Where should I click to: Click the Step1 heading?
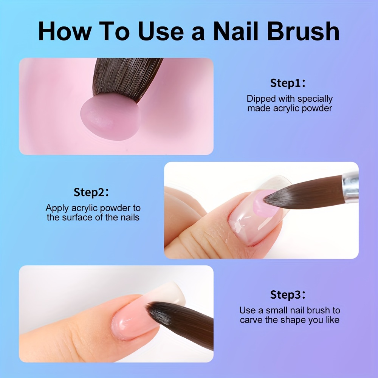click(x=288, y=83)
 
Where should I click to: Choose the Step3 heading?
click(x=288, y=295)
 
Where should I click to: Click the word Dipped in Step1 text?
click(x=261, y=99)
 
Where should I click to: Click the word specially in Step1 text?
click(x=315, y=99)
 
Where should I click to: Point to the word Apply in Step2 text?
click(x=57, y=208)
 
